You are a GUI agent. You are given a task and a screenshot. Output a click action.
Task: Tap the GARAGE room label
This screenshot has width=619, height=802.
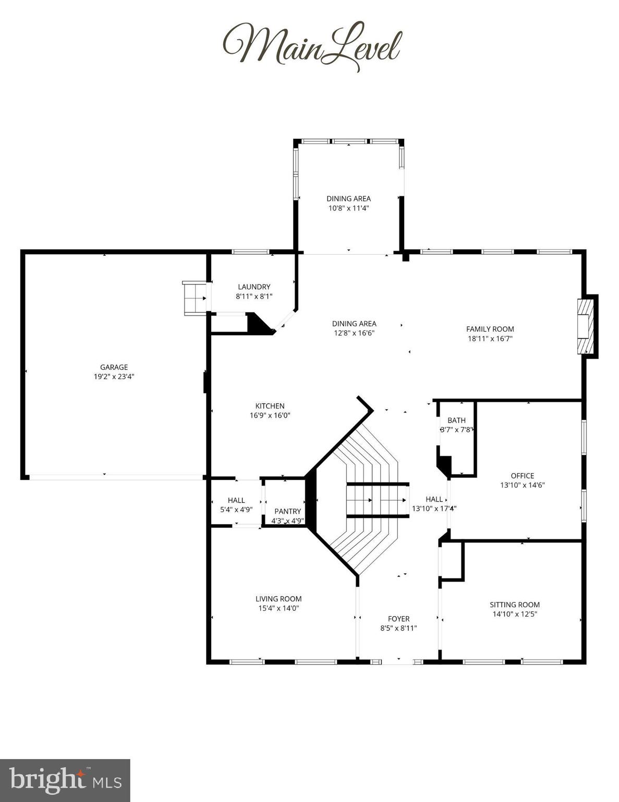[x=114, y=367]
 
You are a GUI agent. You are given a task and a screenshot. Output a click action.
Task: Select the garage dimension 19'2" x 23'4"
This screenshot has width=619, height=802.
[x=114, y=376]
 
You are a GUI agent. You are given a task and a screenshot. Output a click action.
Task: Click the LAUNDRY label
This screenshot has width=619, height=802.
[x=254, y=287]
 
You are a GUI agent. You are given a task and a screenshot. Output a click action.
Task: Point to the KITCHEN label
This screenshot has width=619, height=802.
[x=270, y=406]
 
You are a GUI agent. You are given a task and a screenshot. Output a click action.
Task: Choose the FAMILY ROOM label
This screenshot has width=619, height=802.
[x=490, y=329]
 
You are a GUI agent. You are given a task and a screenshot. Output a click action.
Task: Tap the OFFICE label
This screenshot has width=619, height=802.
[x=522, y=476]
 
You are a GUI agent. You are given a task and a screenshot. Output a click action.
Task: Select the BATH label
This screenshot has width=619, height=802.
[x=456, y=420]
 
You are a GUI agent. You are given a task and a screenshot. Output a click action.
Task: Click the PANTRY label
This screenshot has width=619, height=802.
[x=287, y=511]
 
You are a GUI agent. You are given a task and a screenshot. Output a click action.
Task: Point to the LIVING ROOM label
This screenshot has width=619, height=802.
[x=278, y=599]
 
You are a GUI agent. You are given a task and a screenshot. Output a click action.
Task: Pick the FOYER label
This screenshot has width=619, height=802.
[x=398, y=619]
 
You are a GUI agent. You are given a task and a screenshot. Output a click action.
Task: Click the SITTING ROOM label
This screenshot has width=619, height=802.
[x=514, y=605]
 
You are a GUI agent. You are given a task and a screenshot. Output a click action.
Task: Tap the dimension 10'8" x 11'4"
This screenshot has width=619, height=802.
[x=348, y=208]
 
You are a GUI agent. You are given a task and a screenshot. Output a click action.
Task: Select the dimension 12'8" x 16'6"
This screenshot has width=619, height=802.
[x=354, y=333]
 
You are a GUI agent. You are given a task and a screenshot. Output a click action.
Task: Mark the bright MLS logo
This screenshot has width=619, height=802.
[x=65, y=780]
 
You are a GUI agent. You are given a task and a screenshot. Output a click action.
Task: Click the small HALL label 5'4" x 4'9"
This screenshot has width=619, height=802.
[x=236, y=500]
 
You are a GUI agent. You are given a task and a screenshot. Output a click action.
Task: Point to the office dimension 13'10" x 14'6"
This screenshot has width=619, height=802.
[x=522, y=485]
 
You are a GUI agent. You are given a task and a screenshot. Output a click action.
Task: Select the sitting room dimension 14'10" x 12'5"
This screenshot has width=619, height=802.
[x=514, y=614]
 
